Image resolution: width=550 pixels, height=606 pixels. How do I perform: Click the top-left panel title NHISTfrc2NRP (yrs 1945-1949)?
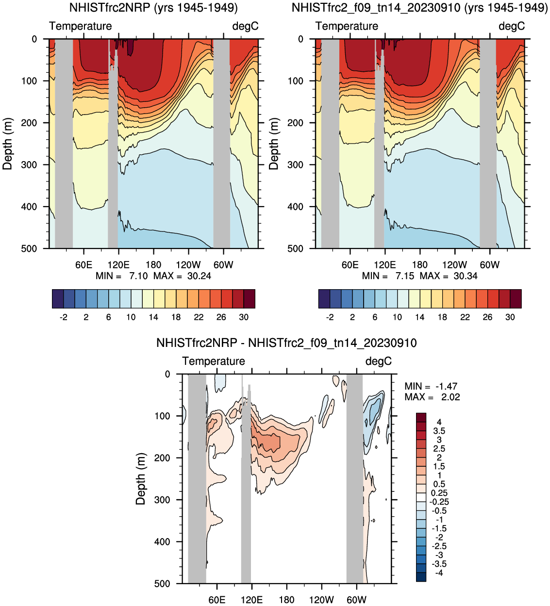point(153,8)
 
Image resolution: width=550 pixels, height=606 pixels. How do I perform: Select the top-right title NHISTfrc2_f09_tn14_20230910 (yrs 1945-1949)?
point(419,8)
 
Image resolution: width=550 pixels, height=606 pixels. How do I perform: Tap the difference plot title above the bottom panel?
point(286,343)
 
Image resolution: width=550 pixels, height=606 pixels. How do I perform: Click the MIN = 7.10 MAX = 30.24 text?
point(153,276)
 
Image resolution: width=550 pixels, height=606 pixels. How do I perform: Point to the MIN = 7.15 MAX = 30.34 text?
point(420,276)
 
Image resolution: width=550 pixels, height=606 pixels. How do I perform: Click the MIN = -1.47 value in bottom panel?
point(431,386)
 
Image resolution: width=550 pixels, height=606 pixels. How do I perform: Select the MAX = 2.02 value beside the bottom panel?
point(432,397)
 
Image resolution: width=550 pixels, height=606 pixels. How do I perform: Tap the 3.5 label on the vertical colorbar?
point(439,431)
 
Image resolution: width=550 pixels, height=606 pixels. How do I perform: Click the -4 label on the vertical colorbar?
point(438,573)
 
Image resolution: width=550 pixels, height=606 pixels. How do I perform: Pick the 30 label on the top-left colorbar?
point(244,317)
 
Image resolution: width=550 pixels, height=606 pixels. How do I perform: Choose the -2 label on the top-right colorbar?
point(330,317)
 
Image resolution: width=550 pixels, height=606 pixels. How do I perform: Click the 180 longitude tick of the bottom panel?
point(286,600)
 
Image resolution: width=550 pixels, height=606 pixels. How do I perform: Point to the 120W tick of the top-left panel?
point(188,265)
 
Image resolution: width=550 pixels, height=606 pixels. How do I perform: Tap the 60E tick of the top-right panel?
point(350,265)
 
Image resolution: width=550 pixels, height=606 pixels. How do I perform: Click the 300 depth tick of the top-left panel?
point(29,165)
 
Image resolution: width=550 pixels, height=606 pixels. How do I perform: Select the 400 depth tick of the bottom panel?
point(162,542)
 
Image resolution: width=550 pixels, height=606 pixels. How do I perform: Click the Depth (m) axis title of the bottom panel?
point(141,479)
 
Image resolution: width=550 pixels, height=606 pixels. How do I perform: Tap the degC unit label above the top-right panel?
point(512,26)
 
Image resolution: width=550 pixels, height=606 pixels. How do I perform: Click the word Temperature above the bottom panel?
point(214,361)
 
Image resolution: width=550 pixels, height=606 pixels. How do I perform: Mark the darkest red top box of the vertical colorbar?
point(421,417)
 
